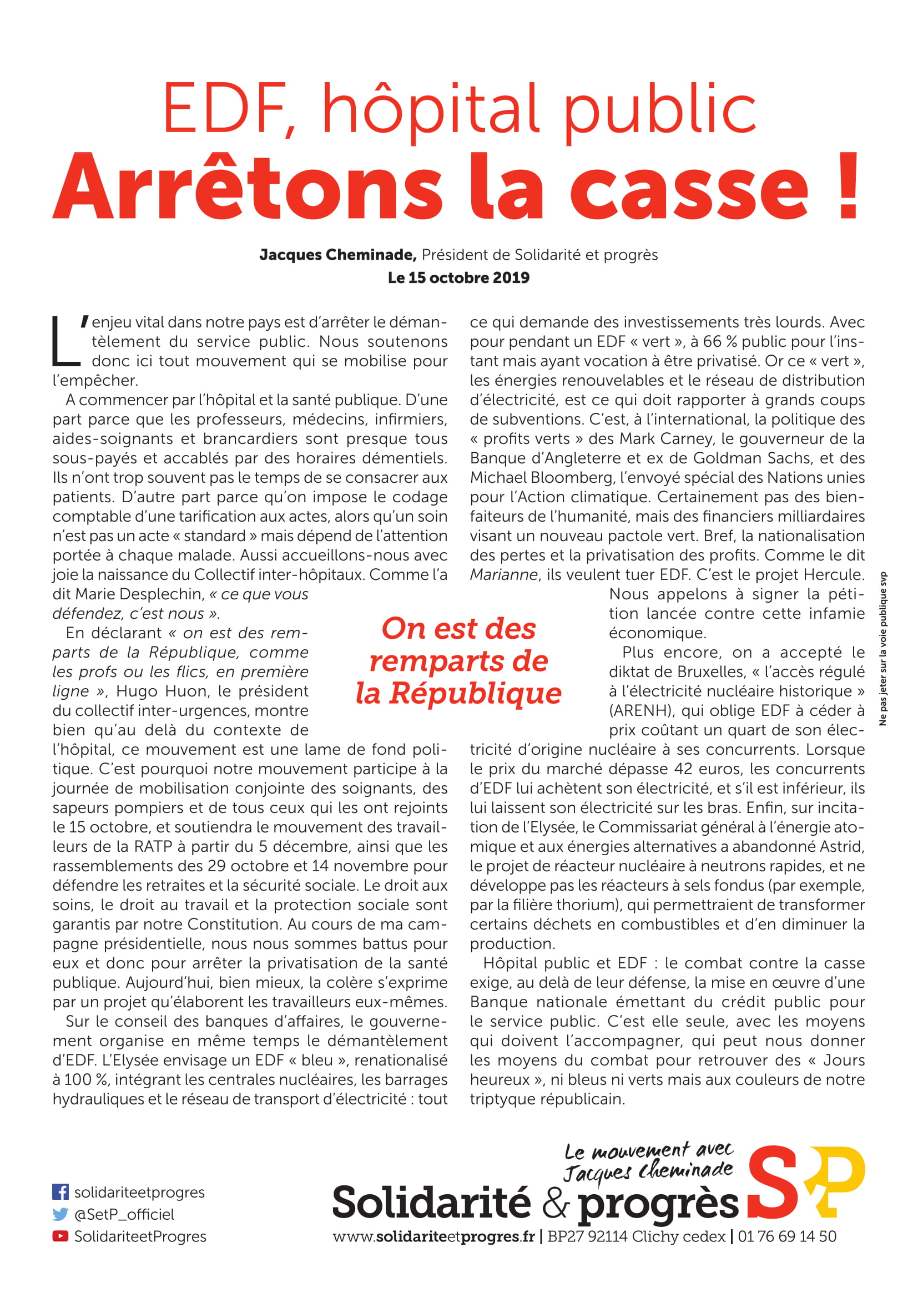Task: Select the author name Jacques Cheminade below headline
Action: (337, 255)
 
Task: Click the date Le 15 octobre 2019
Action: (458, 277)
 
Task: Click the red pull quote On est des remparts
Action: (458, 660)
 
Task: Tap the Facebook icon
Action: (60, 1191)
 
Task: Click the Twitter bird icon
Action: (60, 1214)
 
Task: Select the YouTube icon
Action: (60, 1236)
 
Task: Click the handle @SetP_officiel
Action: (124, 1214)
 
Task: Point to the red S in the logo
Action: (773, 1183)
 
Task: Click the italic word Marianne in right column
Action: (503, 575)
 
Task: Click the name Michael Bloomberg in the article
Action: (542, 478)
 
